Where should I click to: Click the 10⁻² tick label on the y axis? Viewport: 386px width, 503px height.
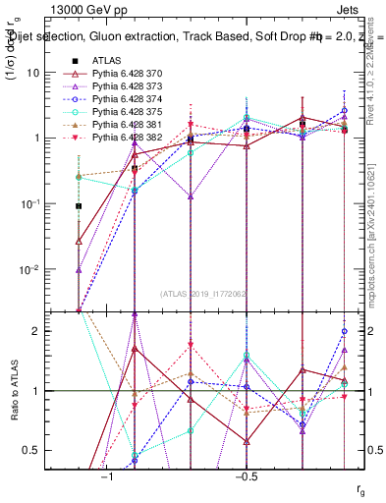pyautogui.click(x=30, y=269)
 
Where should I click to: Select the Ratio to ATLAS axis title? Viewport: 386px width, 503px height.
pyautogui.click(x=14, y=392)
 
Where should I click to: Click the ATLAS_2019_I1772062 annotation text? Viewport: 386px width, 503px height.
pyautogui.click(x=203, y=295)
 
